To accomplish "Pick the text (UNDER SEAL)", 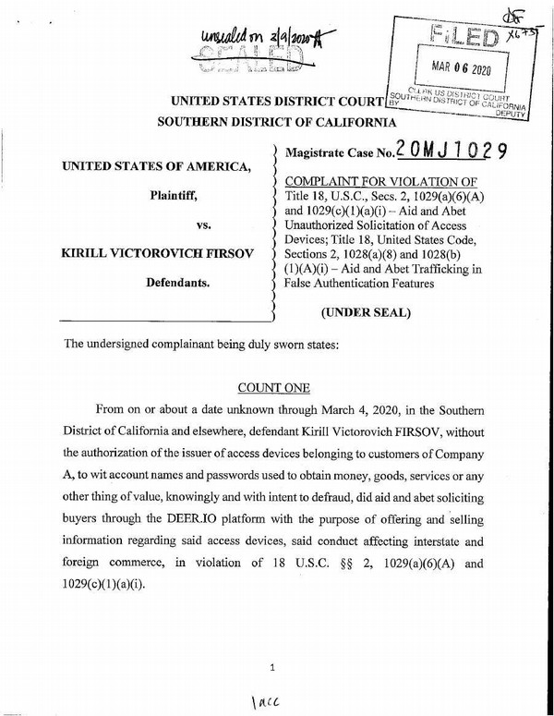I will (x=366, y=312).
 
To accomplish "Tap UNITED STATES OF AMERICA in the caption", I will (x=155, y=166).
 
